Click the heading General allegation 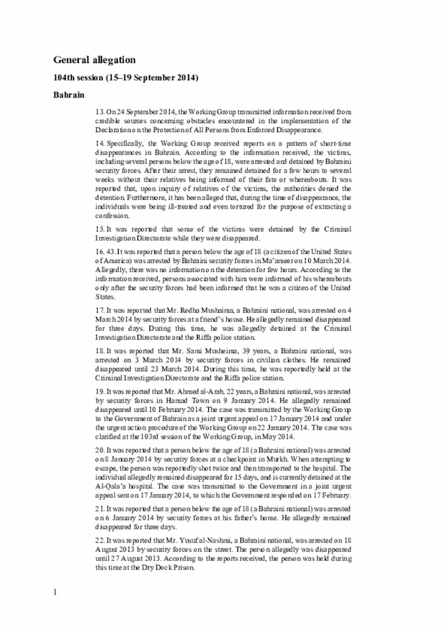(94, 60)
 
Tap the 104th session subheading (126, 78)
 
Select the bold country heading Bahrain (69, 94)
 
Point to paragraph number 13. (100, 112)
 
